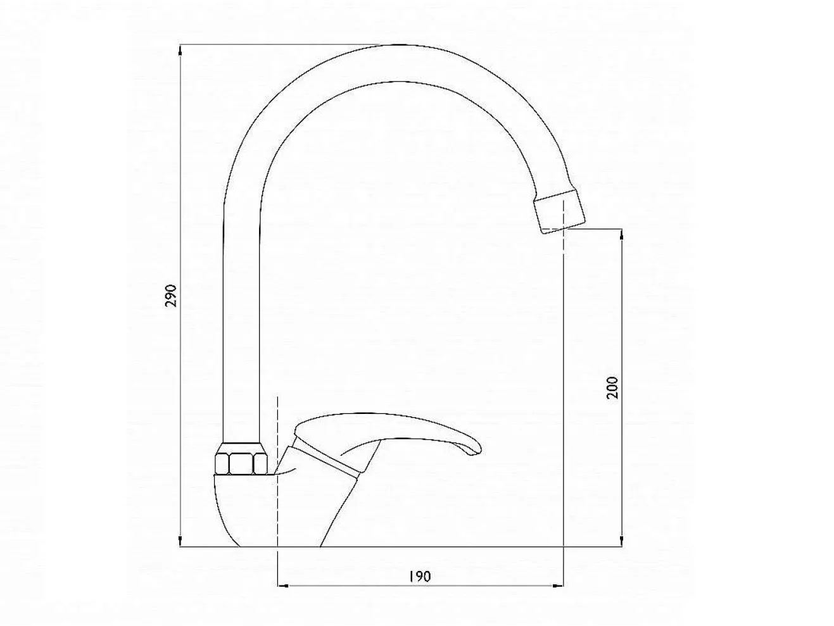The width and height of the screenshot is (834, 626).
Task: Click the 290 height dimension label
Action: tap(171, 296)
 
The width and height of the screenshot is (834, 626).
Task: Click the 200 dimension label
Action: tap(612, 387)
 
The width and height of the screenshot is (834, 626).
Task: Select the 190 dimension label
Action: tap(420, 577)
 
